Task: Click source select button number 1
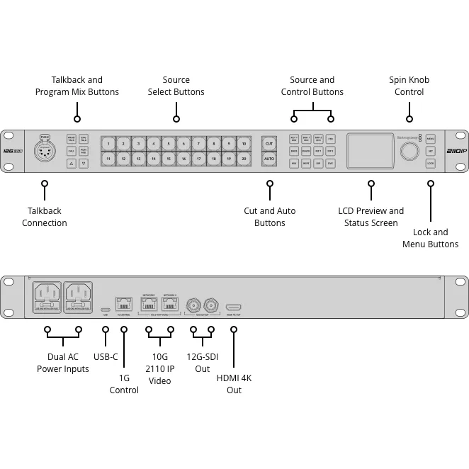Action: click(x=108, y=144)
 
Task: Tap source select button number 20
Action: click(x=243, y=159)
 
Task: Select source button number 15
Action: click(x=169, y=159)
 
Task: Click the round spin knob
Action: click(x=409, y=151)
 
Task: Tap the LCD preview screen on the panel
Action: click(x=370, y=151)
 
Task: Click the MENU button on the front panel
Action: click(x=431, y=139)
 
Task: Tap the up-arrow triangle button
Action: click(x=72, y=163)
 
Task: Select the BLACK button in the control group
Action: click(x=306, y=151)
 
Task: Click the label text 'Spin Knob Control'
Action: click(x=409, y=86)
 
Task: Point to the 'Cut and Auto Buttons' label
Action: click(x=269, y=217)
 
